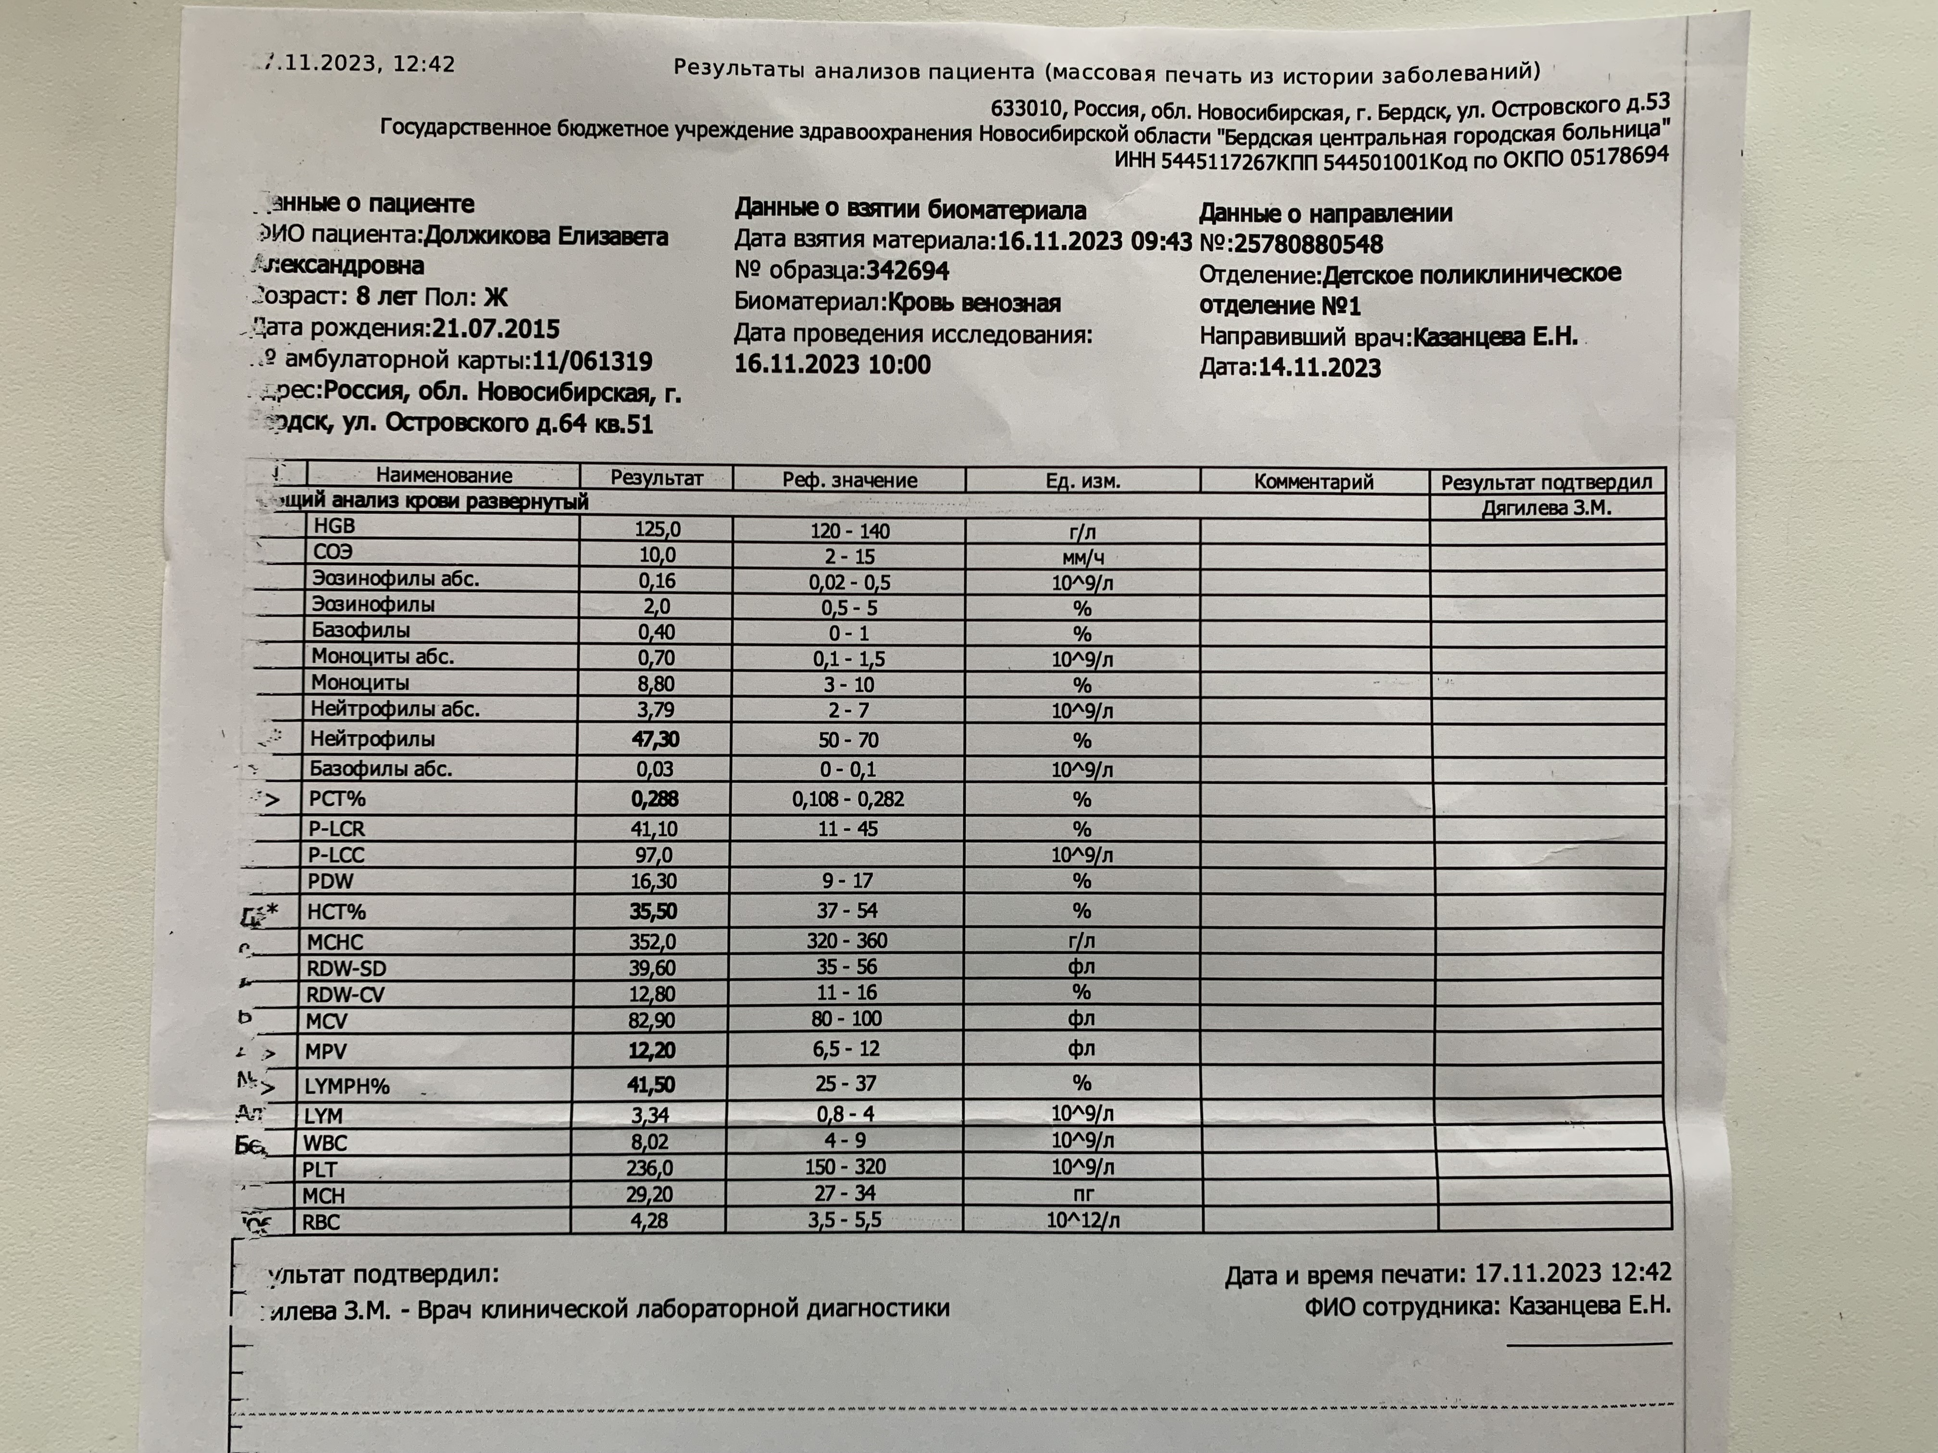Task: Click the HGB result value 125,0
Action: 657,529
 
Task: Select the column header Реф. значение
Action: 849,480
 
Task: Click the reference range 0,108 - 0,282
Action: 847,799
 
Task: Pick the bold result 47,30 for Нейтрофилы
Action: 655,739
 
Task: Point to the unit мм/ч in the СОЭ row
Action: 1083,557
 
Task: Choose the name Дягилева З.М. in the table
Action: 1546,508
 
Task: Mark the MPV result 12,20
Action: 652,1050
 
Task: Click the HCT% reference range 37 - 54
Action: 846,911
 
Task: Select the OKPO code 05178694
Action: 1619,157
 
